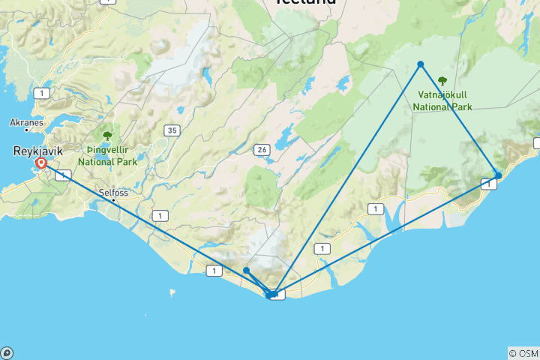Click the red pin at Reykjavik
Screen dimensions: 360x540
[x=41, y=163]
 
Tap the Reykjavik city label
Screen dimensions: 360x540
[x=37, y=151]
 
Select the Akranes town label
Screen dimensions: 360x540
[x=25, y=121]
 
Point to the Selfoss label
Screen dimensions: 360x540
[x=114, y=192]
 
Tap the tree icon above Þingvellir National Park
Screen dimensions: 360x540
[x=107, y=136]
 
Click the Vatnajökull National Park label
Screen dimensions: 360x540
[x=442, y=101]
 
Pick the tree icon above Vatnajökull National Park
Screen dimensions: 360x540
[x=442, y=80]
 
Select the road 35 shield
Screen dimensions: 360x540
[x=173, y=130]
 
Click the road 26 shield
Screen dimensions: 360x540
[x=261, y=149]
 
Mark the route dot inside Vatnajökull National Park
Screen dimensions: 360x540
[x=421, y=64]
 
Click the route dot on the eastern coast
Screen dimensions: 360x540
[x=499, y=175]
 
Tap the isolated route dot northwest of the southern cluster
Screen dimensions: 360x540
[x=246, y=270]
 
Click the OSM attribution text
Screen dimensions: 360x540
[x=523, y=353]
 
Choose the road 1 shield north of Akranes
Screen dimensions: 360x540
[x=42, y=93]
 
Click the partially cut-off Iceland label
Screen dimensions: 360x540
[x=305, y=3]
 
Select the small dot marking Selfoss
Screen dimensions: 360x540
[x=113, y=200]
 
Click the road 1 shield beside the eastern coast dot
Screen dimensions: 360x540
[x=488, y=184]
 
